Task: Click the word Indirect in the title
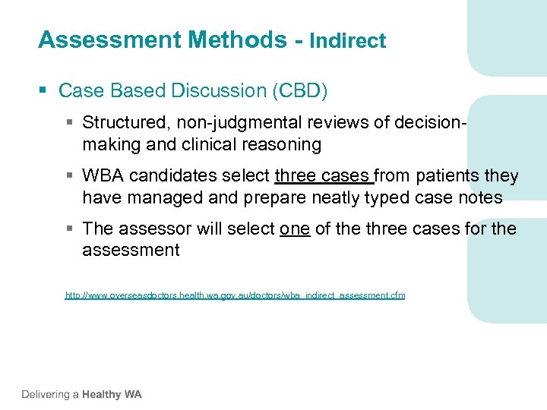[347, 41]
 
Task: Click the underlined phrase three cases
[324, 176]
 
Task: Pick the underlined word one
[295, 229]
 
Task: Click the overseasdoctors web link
[235, 295]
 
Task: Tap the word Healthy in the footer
[103, 395]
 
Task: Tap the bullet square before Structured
[70, 122]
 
